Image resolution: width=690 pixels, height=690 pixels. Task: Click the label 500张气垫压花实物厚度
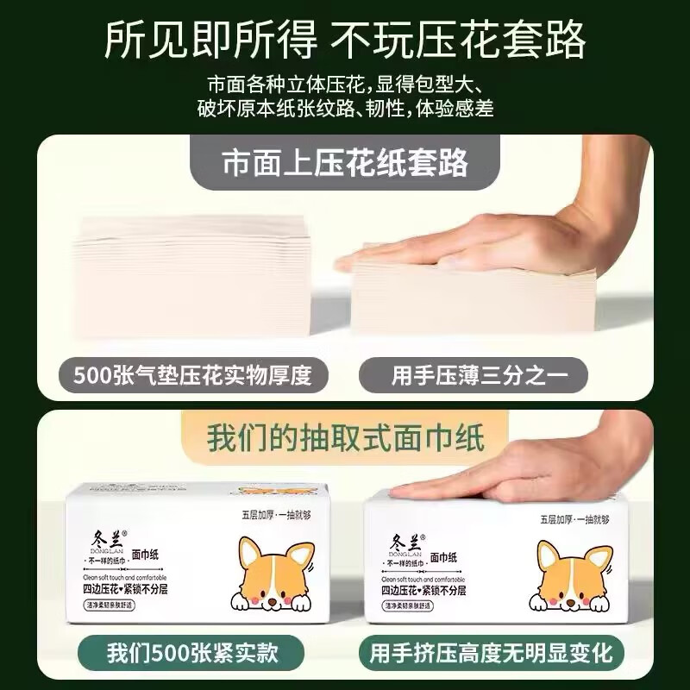click(x=190, y=376)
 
